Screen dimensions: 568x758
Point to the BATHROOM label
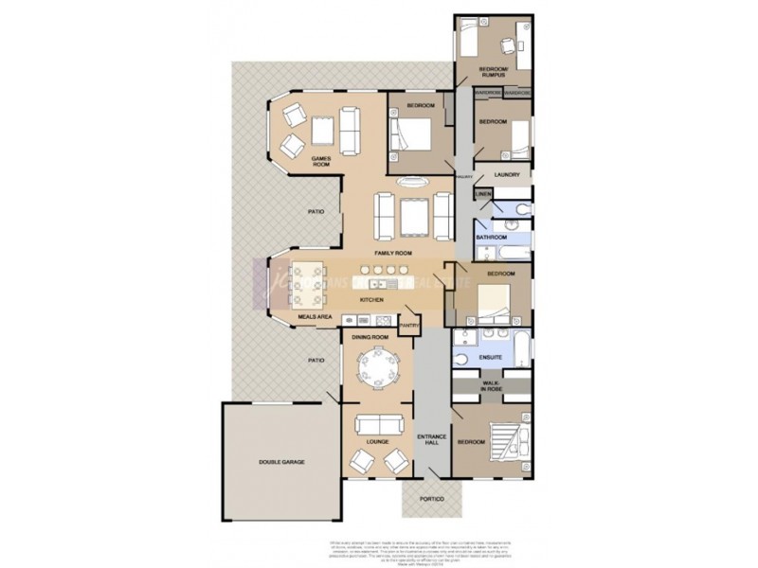pos(490,238)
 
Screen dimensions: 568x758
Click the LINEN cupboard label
pos(483,194)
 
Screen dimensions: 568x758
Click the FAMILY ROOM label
pos(390,255)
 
